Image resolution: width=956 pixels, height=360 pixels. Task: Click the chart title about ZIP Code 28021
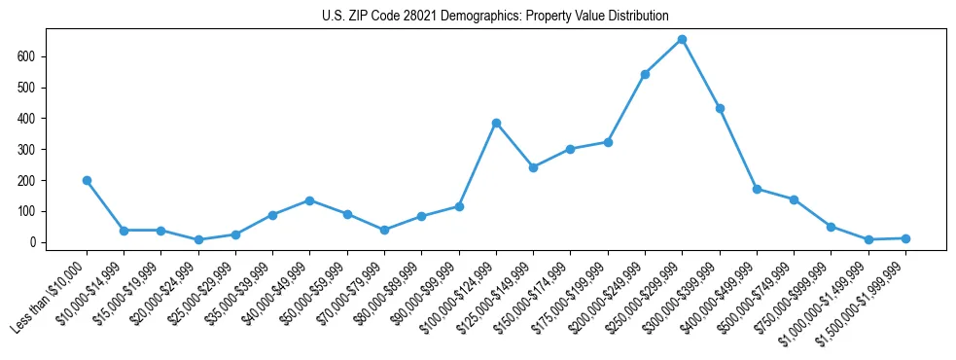point(495,17)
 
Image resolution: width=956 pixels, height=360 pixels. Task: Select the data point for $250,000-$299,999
point(682,40)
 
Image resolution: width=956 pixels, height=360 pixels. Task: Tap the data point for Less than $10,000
point(88,180)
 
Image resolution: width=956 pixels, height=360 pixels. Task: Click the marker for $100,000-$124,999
point(496,123)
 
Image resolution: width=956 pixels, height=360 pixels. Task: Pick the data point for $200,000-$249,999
point(645,74)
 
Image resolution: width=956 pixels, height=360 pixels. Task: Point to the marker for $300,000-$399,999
point(720,108)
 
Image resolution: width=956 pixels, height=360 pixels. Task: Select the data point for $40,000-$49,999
point(310,200)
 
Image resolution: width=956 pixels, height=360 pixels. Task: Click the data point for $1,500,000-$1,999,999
point(905,238)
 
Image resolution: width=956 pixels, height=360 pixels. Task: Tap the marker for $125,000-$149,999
point(533,167)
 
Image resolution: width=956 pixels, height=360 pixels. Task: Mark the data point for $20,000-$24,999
point(198,239)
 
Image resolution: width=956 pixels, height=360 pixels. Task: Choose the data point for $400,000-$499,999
point(757,189)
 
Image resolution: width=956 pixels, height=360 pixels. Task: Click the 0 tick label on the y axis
point(34,242)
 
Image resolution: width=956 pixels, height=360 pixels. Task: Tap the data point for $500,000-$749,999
point(794,199)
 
